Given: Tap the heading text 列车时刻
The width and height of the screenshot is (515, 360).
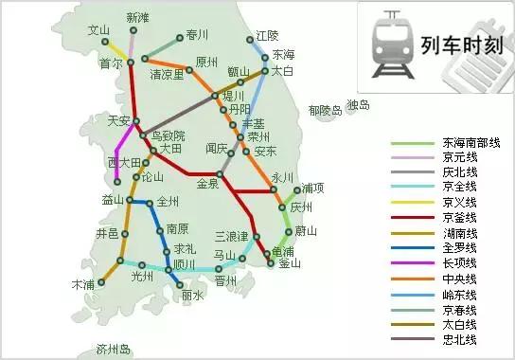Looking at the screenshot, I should click(453, 44).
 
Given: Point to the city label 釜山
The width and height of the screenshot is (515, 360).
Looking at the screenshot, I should click(292, 264).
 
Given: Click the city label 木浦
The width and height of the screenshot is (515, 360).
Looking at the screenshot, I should click(83, 284).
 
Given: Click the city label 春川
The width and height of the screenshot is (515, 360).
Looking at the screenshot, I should click(197, 36).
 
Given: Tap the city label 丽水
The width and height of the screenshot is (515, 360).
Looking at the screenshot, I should click(193, 296).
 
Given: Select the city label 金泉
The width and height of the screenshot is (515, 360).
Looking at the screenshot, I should click(208, 186).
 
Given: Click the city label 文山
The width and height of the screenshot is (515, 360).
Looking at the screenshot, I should click(98, 30).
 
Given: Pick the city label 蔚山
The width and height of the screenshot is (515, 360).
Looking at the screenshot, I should click(305, 230).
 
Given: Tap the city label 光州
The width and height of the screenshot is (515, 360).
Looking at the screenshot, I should click(142, 278).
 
